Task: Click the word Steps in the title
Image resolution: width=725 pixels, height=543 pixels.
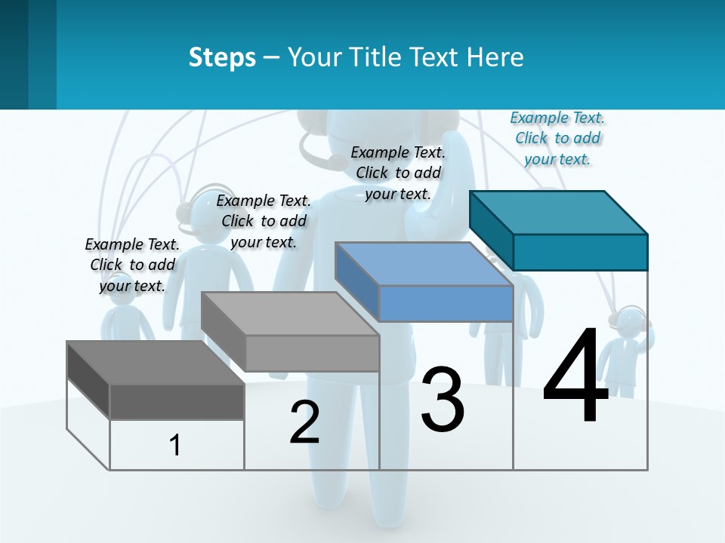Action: tap(222, 57)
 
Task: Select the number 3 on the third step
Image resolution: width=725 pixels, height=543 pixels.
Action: tap(443, 400)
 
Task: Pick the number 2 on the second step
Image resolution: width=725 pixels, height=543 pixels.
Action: tap(304, 422)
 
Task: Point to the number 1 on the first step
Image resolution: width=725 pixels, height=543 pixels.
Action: tap(175, 446)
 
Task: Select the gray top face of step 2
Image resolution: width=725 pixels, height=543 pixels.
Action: tap(290, 314)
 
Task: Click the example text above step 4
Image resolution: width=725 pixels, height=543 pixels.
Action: tap(557, 138)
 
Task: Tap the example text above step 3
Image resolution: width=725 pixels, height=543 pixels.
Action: tap(398, 173)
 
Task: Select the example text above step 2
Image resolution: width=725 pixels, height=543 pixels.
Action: tap(264, 221)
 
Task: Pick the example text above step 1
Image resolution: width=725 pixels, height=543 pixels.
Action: tap(132, 265)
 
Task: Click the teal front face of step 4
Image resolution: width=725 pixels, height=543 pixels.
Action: tap(580, 252)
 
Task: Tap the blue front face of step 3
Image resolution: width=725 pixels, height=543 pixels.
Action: tap(446, 304)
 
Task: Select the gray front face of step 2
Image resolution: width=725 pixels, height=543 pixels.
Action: tap(312, 353)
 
